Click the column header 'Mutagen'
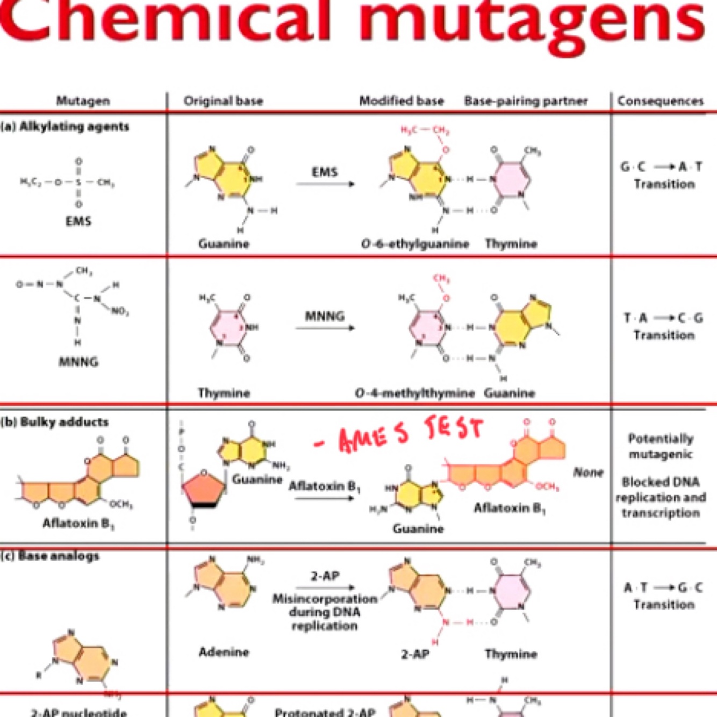point(83,101)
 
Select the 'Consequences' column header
point(660,101)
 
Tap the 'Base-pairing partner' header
point(525,101)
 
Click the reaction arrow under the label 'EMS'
point(325,184)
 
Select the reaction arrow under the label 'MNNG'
point(325,328)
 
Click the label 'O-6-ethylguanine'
point(414,244)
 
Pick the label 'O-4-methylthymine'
point(414,393)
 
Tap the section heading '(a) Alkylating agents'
point(65,127)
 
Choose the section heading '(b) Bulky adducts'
point(55,422)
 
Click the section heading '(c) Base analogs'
point(51,556)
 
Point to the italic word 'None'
point(587,472)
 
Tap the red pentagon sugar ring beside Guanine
point(203,489)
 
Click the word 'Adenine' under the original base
point(224,652)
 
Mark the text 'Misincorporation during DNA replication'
point(325,612)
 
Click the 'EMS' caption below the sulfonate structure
point(78,221)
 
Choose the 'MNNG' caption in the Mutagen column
point(78,362)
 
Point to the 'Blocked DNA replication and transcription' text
point(661,497)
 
